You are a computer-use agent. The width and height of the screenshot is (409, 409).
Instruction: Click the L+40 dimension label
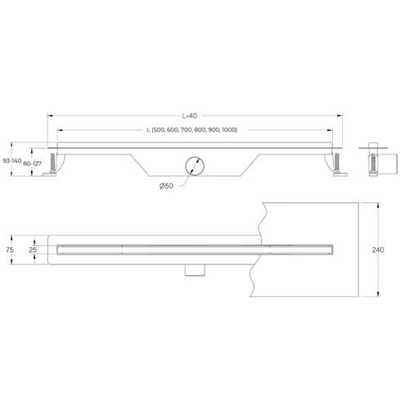point(190,116)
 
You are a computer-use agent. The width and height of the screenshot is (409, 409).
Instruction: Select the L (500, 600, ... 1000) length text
point(192,130)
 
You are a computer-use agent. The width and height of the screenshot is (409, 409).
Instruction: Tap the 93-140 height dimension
point(12,160)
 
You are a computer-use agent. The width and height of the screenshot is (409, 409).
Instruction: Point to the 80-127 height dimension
point(33,164)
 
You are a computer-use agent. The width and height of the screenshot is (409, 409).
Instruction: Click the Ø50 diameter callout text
point(166,186)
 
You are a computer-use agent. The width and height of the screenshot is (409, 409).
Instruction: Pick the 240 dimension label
point(378,249)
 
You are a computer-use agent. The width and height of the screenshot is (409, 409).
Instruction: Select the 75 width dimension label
point(10,249)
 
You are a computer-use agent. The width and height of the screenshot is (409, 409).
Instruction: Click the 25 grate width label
point(33,249)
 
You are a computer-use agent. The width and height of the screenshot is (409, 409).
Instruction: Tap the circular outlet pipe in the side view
point(195,166)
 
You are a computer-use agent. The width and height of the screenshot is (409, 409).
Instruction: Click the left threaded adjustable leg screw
point(52,163)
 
